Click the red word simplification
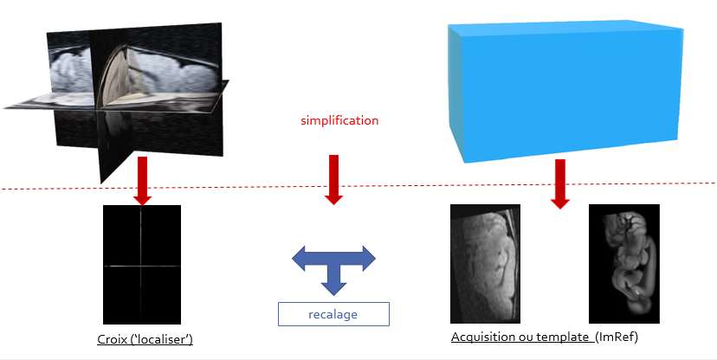[339, 120]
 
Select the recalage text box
[333, 313]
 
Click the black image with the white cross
[142, 265]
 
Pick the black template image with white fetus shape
[623, 264]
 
